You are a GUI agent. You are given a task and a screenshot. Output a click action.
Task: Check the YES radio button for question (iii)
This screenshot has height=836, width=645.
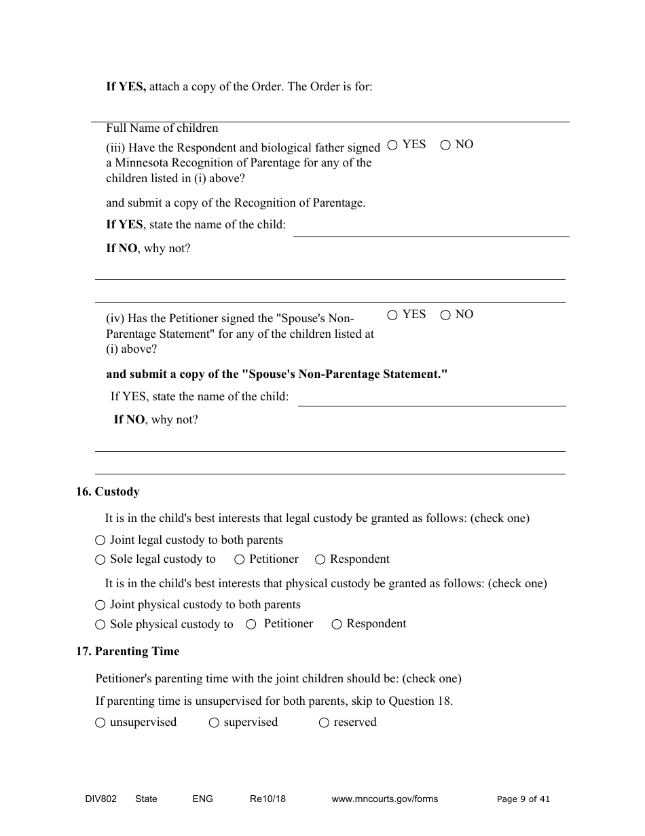point(392,145)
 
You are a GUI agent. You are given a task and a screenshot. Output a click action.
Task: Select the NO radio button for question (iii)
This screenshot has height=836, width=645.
point(445,145)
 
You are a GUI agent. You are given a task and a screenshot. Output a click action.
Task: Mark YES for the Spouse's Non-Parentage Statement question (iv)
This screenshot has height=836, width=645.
point(392,315)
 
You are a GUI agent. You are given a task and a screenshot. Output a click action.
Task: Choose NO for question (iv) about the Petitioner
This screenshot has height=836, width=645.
point(445,315)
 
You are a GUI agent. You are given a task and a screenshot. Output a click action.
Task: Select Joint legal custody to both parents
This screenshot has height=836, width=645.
point(100,540)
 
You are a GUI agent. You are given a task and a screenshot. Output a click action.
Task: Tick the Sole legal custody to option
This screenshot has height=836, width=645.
point(100,560)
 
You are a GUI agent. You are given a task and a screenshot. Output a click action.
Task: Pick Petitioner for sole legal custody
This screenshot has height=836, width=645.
point(240,559)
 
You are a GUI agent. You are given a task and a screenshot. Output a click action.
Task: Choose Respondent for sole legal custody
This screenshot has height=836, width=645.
point(320,559)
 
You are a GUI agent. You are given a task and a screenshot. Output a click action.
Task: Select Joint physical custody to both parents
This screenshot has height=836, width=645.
point(100,605)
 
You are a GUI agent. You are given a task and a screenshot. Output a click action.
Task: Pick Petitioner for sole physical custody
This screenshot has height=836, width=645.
point(251,625)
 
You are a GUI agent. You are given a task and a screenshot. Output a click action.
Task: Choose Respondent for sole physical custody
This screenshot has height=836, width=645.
point(337,625)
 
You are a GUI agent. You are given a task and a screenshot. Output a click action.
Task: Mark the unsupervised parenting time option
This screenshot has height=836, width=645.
point(100,723)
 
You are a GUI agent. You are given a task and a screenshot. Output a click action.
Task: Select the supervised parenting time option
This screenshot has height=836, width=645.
point(214,723)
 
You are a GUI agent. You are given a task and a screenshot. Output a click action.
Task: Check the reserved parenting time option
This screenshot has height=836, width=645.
point(325,723)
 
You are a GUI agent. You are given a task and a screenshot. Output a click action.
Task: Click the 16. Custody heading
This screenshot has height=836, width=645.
point(108,491)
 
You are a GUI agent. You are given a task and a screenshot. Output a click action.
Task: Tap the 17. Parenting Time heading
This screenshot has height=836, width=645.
point(128,651)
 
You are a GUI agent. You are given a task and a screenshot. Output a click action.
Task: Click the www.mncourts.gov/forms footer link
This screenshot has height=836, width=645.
point(384,799)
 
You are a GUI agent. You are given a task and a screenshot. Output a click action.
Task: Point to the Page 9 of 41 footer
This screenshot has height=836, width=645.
point(523,799)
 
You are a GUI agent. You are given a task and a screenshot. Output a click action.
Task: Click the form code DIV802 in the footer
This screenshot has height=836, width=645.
point(96,799)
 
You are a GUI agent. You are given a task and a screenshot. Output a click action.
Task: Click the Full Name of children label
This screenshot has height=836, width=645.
point(162,128)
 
